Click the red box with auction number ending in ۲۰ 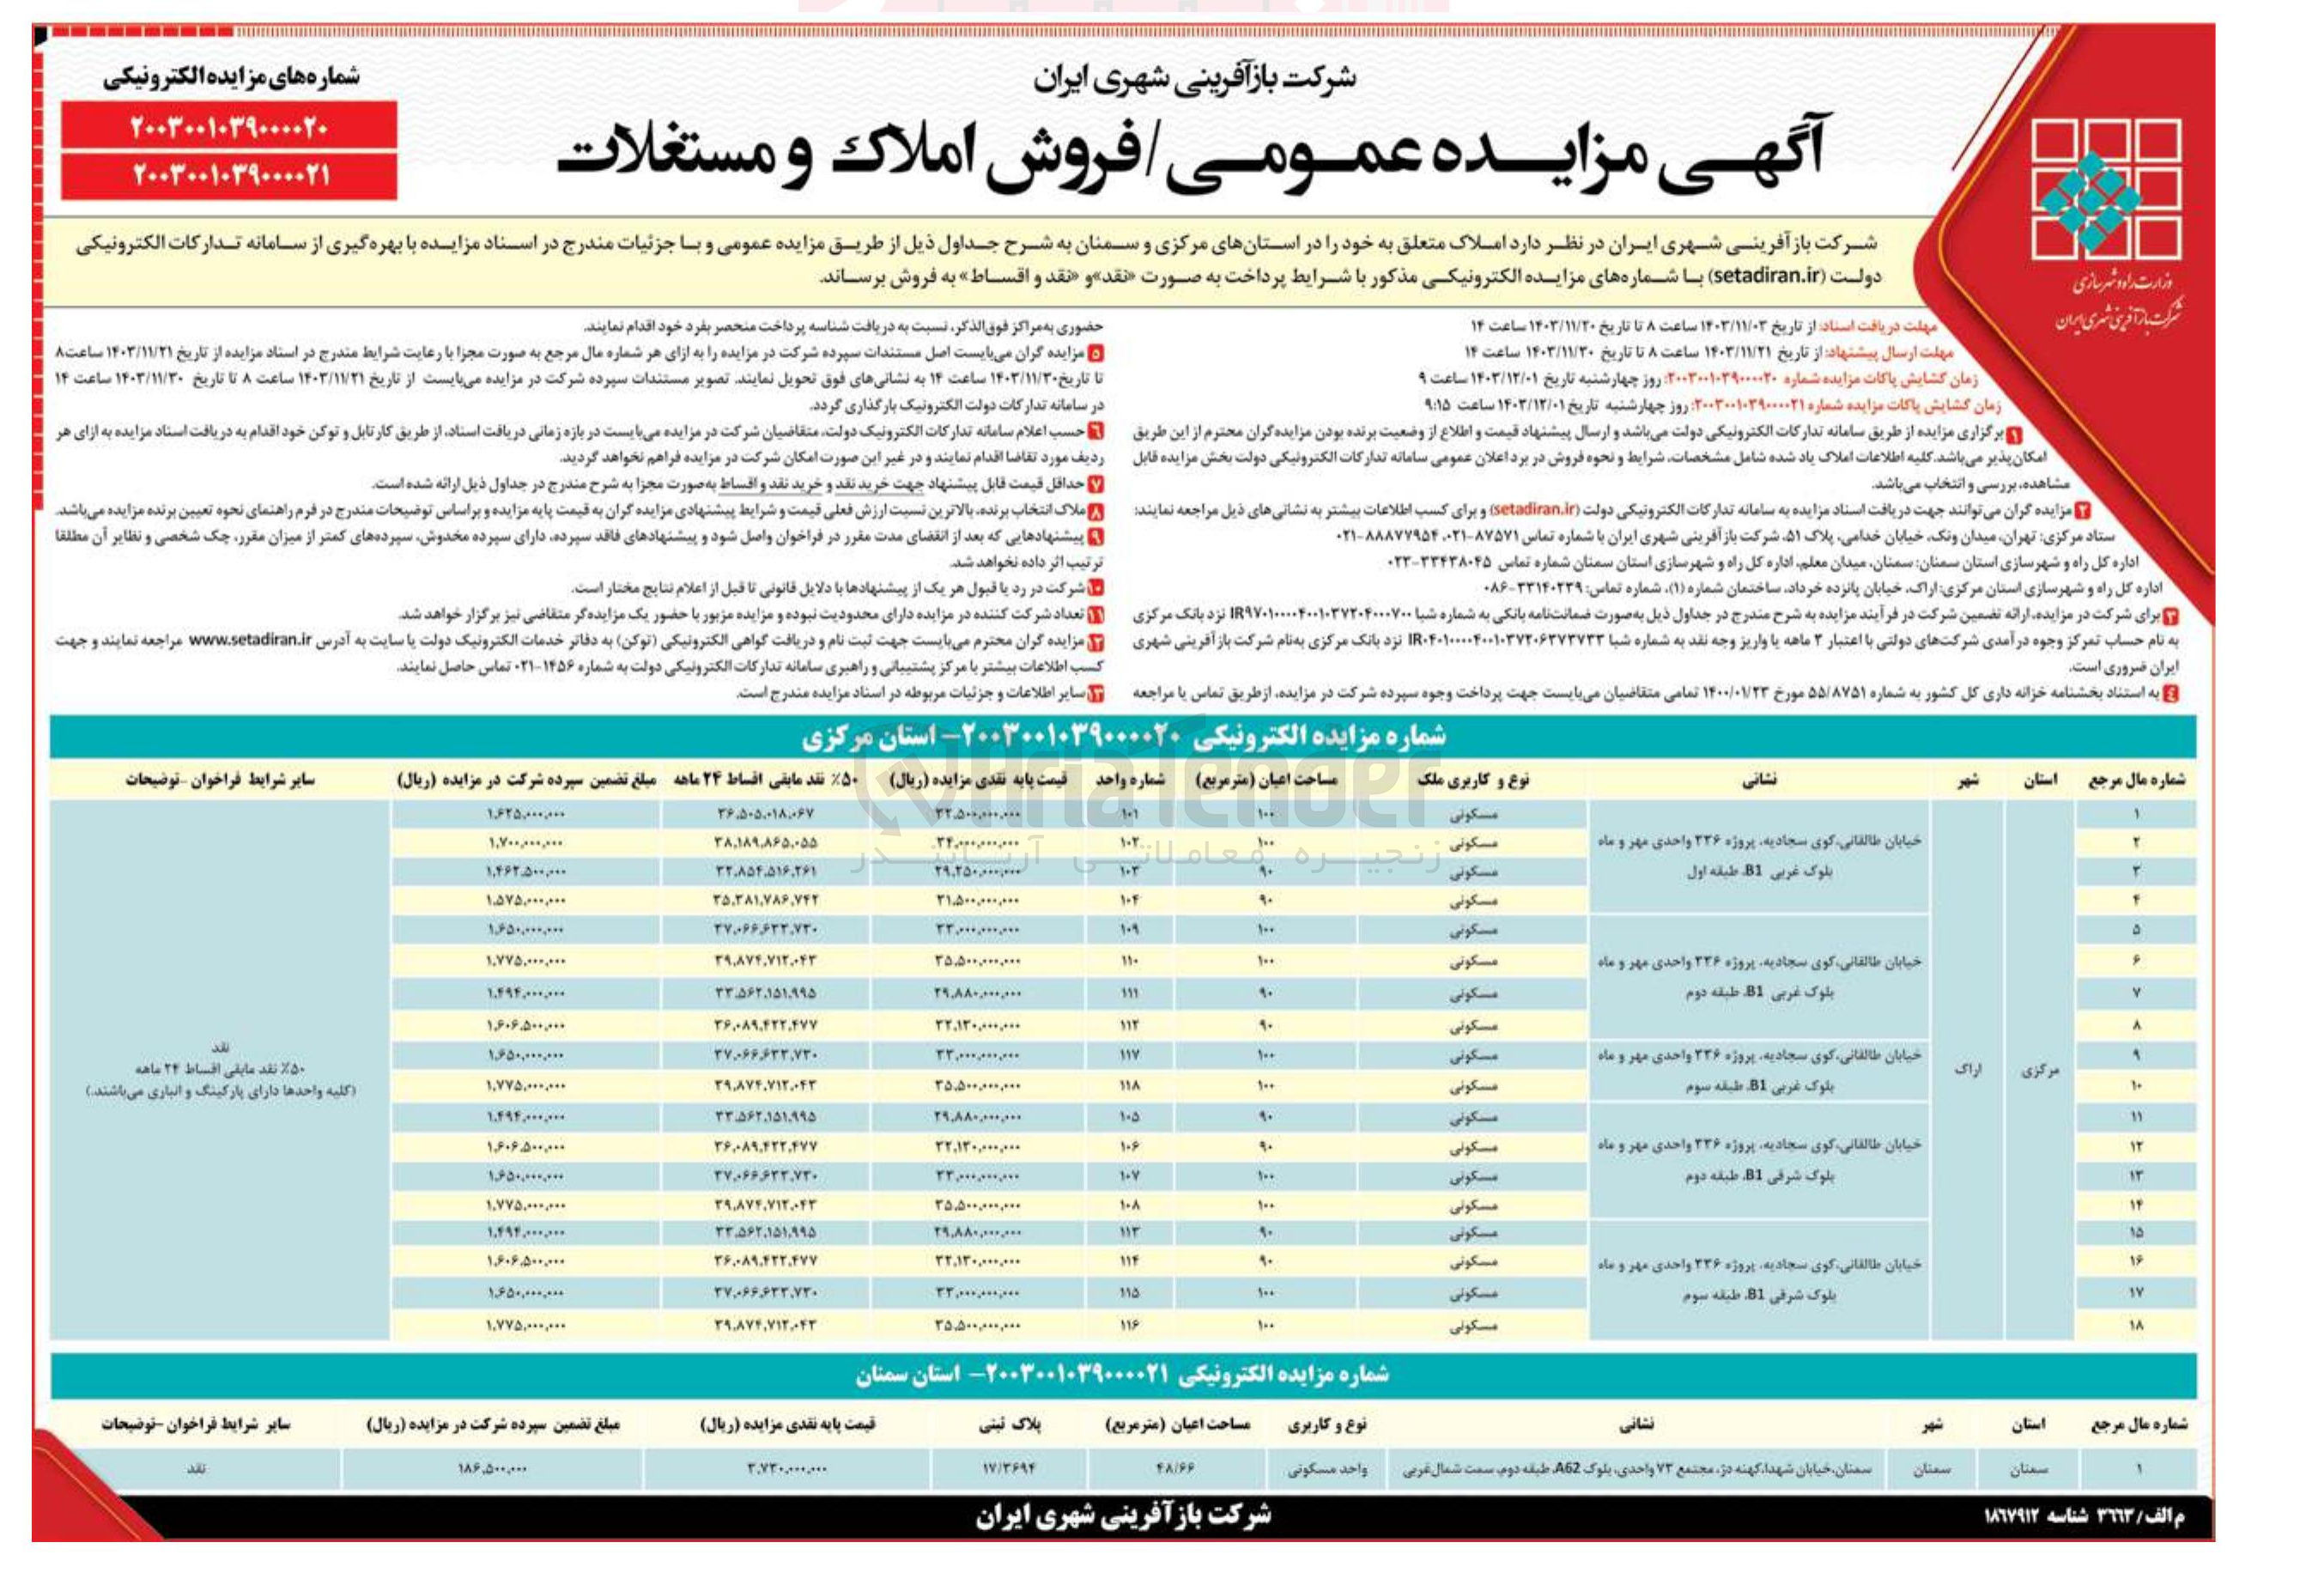[x=228, y=128]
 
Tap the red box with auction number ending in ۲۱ [x=228, y=176]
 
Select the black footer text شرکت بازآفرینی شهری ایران [x=1122, y=1515]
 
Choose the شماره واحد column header [x=1130, y=780]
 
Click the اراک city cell [x=1966, y=1071]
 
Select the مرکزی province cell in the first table [x=2040, y=1071]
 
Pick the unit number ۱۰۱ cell [x=1130, y=814]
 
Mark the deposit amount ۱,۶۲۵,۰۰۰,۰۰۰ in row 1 [x=525, y=814]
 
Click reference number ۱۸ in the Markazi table [x=2136, y=1325]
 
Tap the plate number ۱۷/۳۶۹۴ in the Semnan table [x=1009, y=1468]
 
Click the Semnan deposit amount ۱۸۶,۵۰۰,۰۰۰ [x=492, y=1468]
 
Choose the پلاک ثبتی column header [x=1009, y=1424]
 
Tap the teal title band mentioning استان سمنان [x=1122, y=1375]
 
